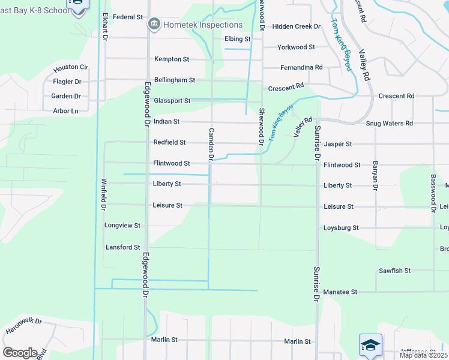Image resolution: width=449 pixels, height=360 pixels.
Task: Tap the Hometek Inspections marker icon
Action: (153, 25)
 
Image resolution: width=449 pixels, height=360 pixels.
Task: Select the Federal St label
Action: (127, 17)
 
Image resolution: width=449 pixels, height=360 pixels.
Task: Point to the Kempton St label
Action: (172, 59)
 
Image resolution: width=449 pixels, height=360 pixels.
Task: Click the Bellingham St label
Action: (175, 80)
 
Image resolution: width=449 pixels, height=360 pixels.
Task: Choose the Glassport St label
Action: (172, 101)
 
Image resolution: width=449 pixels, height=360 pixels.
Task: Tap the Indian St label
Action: (167, 122)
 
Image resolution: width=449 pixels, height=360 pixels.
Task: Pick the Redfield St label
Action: (170, 143)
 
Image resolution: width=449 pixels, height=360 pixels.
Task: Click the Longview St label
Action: (122, 226)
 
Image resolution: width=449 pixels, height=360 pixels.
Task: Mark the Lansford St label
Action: (123, 247)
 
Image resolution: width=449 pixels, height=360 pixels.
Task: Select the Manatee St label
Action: (340, 292)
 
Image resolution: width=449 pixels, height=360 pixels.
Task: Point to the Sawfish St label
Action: (394, 271)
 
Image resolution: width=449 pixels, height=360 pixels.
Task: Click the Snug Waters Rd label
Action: (390, 124)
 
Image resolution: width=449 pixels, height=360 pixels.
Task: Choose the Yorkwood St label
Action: (296, 47)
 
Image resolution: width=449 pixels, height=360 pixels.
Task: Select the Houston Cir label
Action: (71, 68)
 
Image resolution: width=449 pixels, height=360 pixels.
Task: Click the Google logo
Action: (20, 353)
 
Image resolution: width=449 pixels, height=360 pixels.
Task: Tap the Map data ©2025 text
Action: (423, 355)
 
